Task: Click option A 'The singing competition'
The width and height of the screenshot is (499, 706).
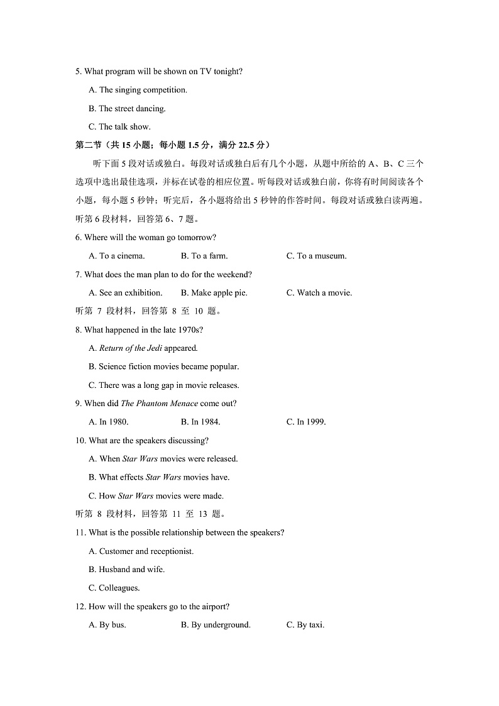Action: (x=138, y=90)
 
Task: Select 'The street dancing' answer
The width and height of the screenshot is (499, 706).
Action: (x=128, y=108)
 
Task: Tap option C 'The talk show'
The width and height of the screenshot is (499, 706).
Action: (x=120, y=126)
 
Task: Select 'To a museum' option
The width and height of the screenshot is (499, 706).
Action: (x=317, y=256)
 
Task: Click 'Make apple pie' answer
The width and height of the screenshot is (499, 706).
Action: (x=214, y=292)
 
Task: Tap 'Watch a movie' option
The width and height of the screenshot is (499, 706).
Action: (x=319, y=292)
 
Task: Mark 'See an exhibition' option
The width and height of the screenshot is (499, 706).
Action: (x=126, y=292)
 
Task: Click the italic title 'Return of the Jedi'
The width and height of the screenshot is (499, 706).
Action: (x=131, y=348)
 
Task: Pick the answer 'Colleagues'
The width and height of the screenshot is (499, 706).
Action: (x=114, y=588)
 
